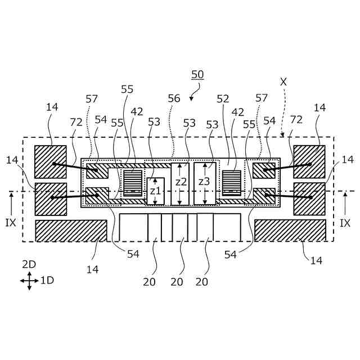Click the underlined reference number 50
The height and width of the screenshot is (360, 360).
click(197, 74)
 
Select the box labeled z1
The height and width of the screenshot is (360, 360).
click(155, 191)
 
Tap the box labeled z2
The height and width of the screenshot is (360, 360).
click(180, 183)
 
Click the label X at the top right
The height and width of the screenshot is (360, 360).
click(283, 82)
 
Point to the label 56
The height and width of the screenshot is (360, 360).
click(174, 98)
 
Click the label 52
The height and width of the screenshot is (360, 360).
click(223, 98)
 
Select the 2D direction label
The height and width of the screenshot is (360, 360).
click(29, 264)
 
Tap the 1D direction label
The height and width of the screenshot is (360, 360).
click(47, 280)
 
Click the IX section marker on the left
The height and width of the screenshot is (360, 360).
click(11, 223)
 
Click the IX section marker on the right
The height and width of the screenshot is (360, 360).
click(345, 223)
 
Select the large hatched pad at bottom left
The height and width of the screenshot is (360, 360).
click(71, 231)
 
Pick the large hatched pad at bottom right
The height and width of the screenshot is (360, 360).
click(290, 231)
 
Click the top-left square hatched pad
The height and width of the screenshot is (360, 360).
click(51, 162)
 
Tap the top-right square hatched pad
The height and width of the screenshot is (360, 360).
click(309, 162)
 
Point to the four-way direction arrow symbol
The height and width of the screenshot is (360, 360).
click(29, 280)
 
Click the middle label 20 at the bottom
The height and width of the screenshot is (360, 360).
click(177, 282)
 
